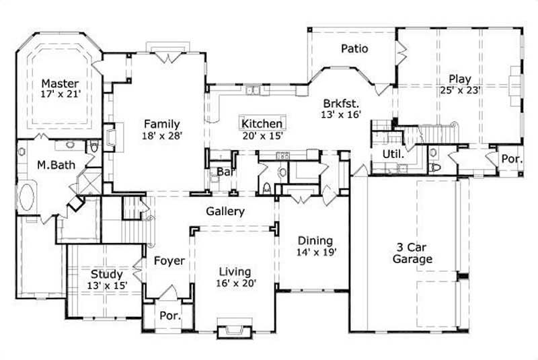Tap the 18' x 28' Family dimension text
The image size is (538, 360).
point(161,135)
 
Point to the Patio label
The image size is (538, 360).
point(354,48)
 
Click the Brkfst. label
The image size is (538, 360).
point(342,104)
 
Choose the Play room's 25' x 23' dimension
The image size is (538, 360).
point(460,90)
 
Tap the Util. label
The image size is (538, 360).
point(393,154)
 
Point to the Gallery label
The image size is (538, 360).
point(225,211)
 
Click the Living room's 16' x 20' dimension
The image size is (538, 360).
point(235,283)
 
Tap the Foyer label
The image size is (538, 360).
point(169,260)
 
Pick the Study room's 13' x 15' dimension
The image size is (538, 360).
point(106,285)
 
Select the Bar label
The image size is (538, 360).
point(224,172)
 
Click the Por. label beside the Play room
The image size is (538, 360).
point(510,159)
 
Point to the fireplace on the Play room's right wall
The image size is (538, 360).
point(515,83)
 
